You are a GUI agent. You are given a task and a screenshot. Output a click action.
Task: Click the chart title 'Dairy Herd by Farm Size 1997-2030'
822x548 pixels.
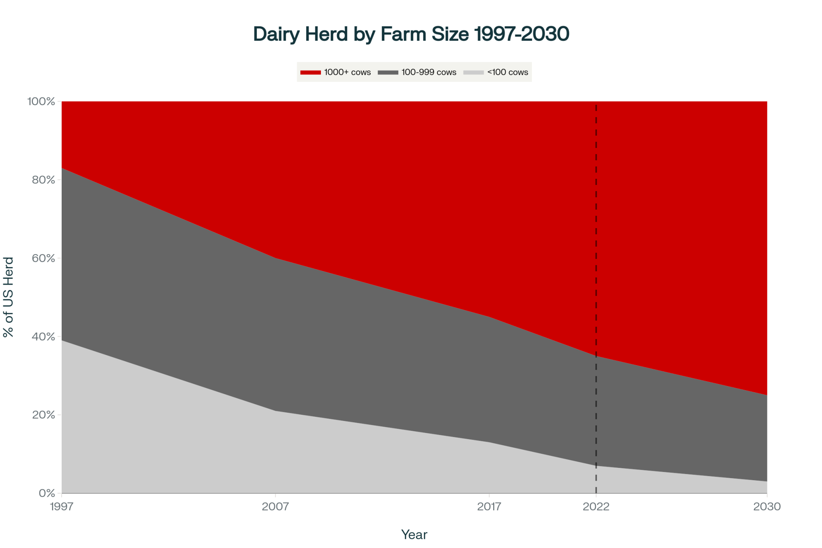[x=411, y=34]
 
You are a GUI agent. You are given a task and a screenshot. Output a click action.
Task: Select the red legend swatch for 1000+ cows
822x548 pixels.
[x=310, y=72]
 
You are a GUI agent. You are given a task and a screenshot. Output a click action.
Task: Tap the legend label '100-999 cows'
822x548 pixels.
[x=429, y=72]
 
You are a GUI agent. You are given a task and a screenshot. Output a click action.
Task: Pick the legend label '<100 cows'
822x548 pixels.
[x=508, y=72]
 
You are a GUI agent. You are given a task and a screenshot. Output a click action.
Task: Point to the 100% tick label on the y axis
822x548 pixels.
[x=41, y=102]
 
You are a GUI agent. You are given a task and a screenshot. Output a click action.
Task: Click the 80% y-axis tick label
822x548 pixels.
[x=44, y=180]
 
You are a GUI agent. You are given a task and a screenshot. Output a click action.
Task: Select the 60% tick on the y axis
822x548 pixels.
[x=44, y=258]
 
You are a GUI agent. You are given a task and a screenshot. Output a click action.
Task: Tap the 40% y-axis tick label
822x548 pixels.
[x=44, y=337]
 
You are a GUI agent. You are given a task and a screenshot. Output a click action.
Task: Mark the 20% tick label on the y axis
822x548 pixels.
[x=44, y=415]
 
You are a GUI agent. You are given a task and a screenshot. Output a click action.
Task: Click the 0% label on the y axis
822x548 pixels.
[x=47, y=493]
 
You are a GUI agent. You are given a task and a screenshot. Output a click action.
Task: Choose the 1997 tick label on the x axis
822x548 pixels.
[x=62, y=506]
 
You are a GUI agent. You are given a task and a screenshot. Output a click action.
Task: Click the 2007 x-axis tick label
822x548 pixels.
[x=275, y=506]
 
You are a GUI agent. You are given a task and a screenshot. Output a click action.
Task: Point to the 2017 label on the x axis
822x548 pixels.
[x=489, y=506]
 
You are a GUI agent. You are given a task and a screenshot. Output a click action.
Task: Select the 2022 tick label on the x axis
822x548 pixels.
[x=596, y=506]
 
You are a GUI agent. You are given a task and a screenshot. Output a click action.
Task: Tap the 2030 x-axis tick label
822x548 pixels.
[x=767, y=506]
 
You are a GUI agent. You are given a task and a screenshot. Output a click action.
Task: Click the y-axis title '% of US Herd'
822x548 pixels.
[x=9, y=297]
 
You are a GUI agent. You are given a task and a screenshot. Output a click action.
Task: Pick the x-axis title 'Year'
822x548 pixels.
[x=414, y=534]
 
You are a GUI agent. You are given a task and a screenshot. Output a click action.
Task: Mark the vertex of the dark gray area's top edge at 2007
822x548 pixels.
[x=275, y=258]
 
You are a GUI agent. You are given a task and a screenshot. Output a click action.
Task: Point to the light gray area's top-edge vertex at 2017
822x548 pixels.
[x=489, y=442]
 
